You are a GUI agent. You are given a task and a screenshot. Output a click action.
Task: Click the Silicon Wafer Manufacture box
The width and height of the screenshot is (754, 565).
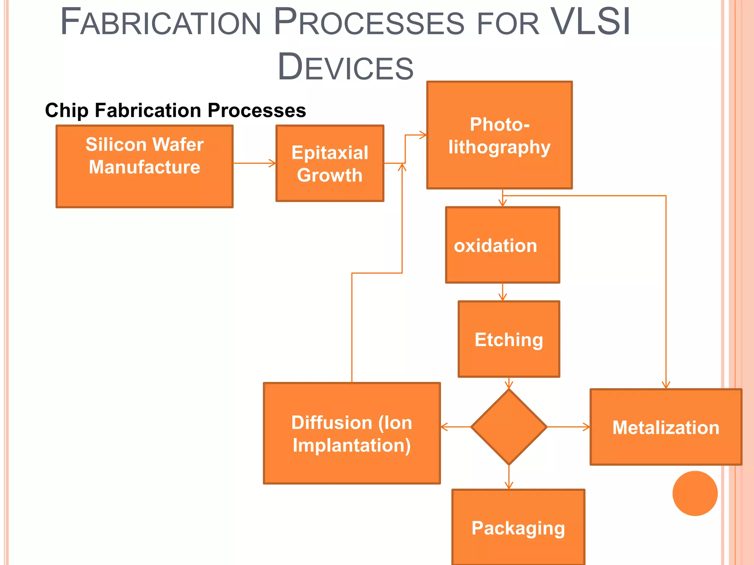[144, 167]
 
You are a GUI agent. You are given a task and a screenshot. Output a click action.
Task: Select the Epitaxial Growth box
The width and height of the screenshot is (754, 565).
[330, 163]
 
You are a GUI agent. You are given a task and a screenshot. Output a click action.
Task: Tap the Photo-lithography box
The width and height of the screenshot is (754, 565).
[499, 135]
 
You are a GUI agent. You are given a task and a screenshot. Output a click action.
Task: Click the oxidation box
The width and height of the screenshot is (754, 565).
[503, 245]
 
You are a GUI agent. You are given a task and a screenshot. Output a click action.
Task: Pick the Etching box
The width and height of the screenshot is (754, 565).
[509, 339]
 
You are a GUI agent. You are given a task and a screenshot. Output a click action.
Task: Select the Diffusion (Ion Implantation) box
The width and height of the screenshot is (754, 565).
[352, 433]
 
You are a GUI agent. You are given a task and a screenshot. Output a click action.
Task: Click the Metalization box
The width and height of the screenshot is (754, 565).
[666, 427]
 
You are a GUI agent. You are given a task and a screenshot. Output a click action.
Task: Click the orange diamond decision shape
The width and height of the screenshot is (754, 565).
[509, 427]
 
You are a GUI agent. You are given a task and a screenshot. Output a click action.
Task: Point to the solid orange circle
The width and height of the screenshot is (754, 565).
[695, 493]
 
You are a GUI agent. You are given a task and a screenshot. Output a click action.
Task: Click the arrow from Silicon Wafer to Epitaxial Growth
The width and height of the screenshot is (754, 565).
[254, 163]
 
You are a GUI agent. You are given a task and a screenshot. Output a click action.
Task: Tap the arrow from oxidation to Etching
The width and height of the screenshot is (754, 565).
[503, 292]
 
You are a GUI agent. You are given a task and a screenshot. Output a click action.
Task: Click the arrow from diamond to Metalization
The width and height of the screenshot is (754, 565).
[568, 427]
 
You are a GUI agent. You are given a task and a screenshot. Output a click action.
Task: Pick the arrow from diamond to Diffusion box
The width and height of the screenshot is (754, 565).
[456, 427]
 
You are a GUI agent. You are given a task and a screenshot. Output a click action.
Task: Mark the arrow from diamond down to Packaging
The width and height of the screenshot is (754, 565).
[509, 477]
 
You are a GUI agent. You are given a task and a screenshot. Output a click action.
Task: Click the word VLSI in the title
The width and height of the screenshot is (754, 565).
[591, 22]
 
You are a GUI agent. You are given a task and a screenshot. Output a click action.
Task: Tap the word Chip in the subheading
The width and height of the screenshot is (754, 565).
[67, 110]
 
